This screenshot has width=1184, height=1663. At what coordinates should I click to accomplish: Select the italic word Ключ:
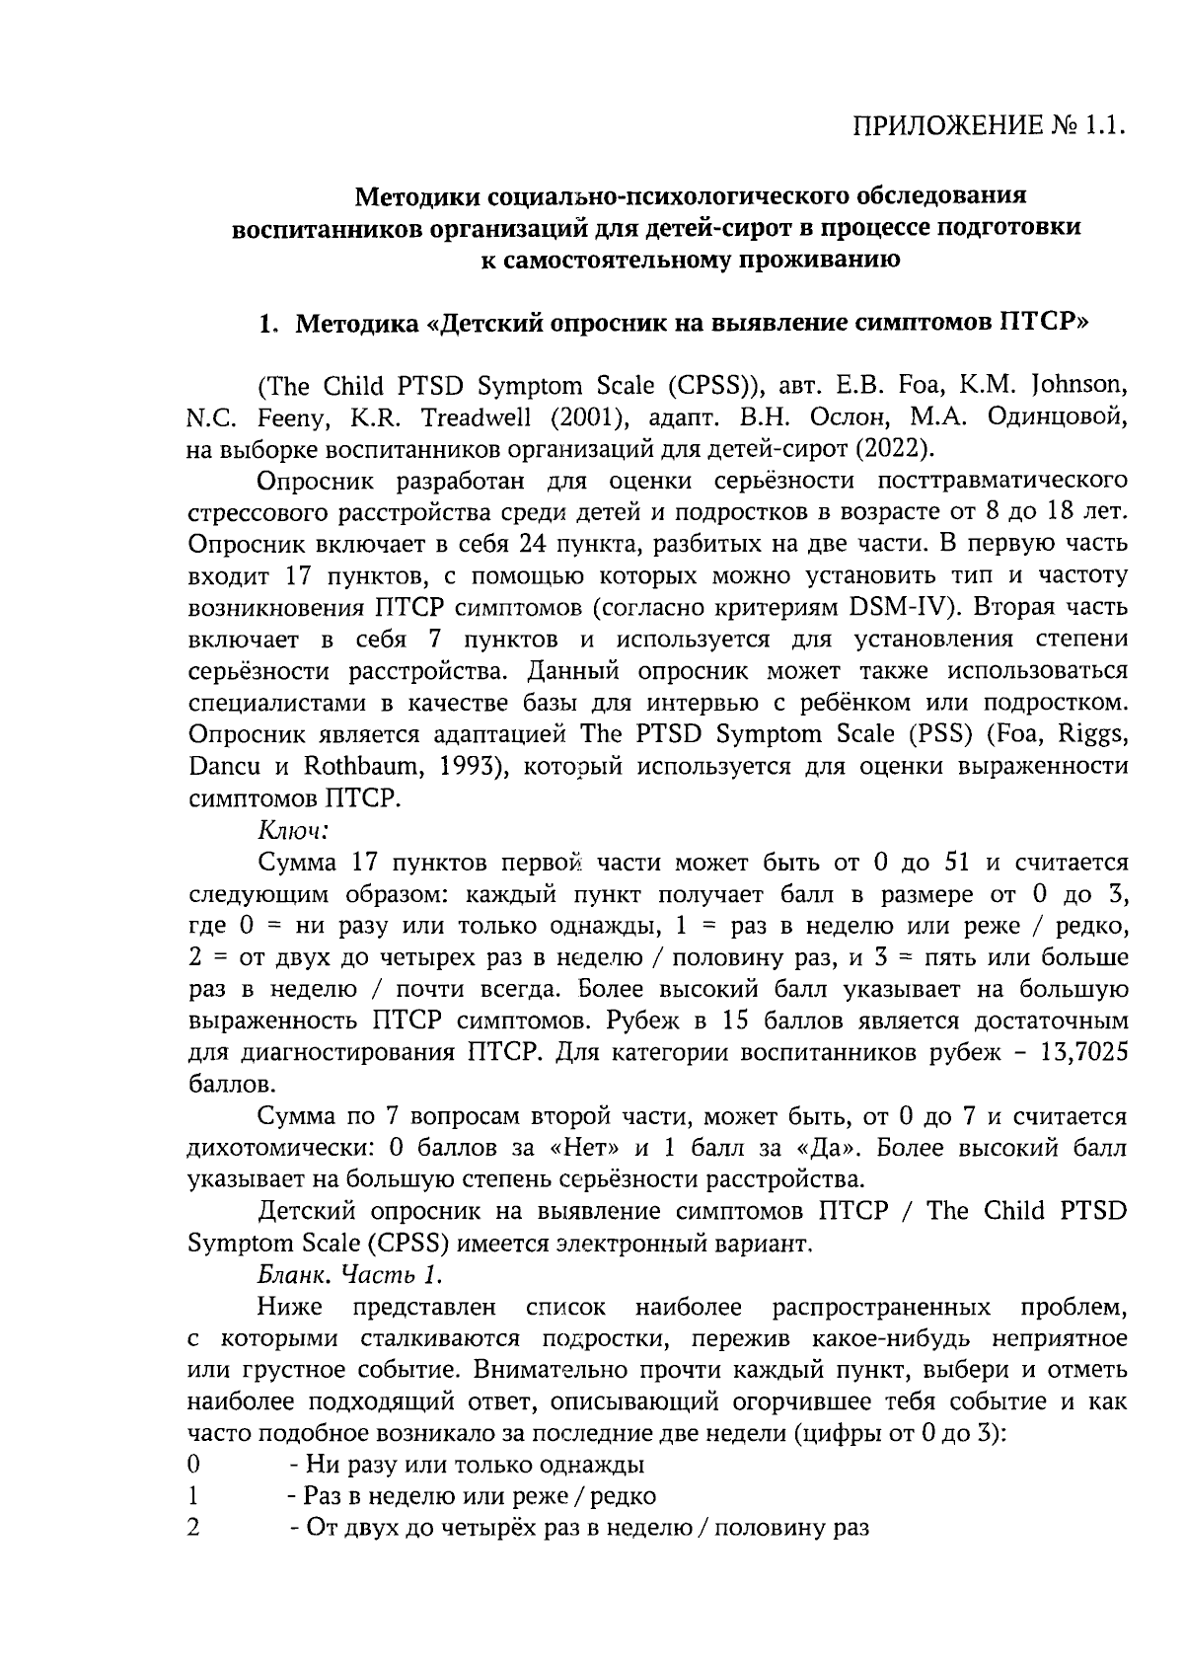(x=293, y=830)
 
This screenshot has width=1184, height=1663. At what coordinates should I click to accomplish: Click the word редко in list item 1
(x=629, y=1497)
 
